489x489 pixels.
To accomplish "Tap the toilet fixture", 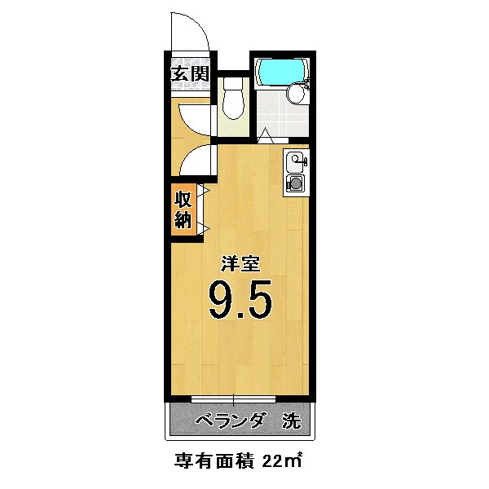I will click(x=232, y=102).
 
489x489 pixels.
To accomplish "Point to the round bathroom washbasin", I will click(x=296, y=95).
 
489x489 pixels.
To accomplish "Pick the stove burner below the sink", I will click(x=295, y=184).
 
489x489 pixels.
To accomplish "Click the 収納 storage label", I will click(x=183, y=209).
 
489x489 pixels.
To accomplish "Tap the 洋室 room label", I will click(x=242, y=265).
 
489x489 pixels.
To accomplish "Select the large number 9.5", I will click(x=240, y=301).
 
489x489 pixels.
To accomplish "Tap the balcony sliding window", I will click(x=234, y=399).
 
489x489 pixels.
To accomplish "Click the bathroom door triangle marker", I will click(x=265, y=135).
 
